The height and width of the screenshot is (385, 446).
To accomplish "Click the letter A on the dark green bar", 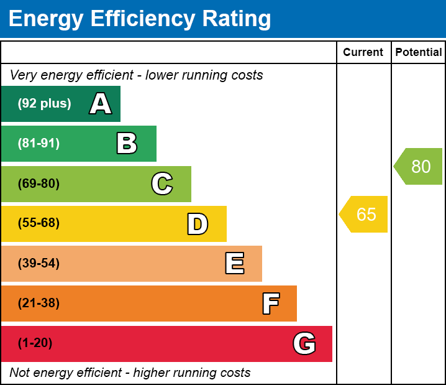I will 101,104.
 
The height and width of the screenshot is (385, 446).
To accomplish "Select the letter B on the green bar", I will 127,144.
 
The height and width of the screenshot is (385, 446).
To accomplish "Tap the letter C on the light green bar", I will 162,183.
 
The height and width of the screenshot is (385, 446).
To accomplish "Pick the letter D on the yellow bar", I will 198,224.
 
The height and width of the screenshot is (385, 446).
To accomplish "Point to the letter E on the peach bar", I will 234,264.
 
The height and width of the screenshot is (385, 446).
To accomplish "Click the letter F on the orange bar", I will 270,304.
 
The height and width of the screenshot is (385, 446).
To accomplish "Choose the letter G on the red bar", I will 304,343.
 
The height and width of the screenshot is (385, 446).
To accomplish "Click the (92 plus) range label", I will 44,104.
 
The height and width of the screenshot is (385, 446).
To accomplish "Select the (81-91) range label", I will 39,144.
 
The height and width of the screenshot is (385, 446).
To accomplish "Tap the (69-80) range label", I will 39,183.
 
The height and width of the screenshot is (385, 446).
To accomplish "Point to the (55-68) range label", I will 39,223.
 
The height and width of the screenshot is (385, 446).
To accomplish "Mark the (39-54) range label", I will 39,264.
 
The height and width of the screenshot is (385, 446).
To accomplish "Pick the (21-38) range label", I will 39,304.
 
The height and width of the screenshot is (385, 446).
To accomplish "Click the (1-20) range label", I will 35,343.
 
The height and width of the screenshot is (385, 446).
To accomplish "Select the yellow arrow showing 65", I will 365,215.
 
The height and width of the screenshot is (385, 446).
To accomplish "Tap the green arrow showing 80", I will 419,167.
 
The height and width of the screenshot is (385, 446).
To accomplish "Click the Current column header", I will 363,53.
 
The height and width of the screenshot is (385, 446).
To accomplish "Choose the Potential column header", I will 419,53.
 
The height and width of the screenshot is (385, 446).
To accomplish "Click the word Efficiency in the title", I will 144,19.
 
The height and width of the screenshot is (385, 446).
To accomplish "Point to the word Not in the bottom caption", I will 20,373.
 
